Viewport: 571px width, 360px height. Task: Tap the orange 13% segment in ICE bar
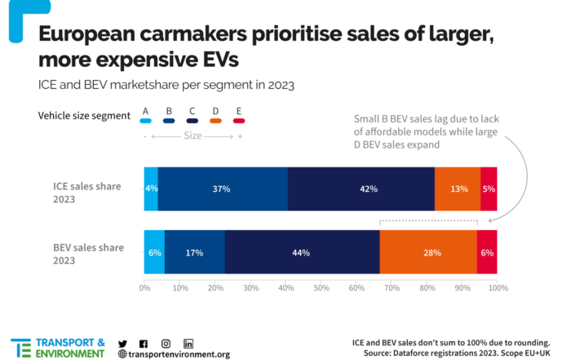pos(458,189)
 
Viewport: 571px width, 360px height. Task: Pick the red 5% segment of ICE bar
pos(489,189)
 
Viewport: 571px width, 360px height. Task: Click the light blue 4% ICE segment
pos(150,189)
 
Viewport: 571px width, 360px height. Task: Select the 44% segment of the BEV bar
pos(302,252)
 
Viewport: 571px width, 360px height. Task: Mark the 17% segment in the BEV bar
pos(194,252)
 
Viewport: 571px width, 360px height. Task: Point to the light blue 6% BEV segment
pos(153,252)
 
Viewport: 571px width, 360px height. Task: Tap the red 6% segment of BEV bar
pos(487,252)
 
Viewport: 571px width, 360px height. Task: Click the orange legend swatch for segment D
pos(216,121)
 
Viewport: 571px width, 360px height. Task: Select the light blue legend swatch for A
pos(146,121)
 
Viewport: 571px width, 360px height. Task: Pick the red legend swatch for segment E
pos(239,121)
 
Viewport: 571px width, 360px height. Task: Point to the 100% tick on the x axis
pos(498,288)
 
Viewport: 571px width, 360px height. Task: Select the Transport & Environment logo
pos(57,347)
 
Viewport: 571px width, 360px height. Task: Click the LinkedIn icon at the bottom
pos(188,344)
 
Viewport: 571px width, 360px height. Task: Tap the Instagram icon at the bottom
pos(166,344)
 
